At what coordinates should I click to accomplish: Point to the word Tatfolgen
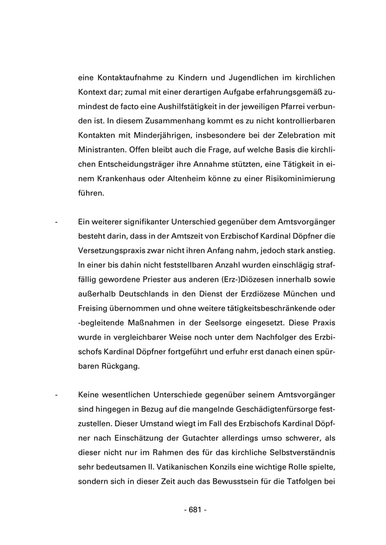tap(305, 482)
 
